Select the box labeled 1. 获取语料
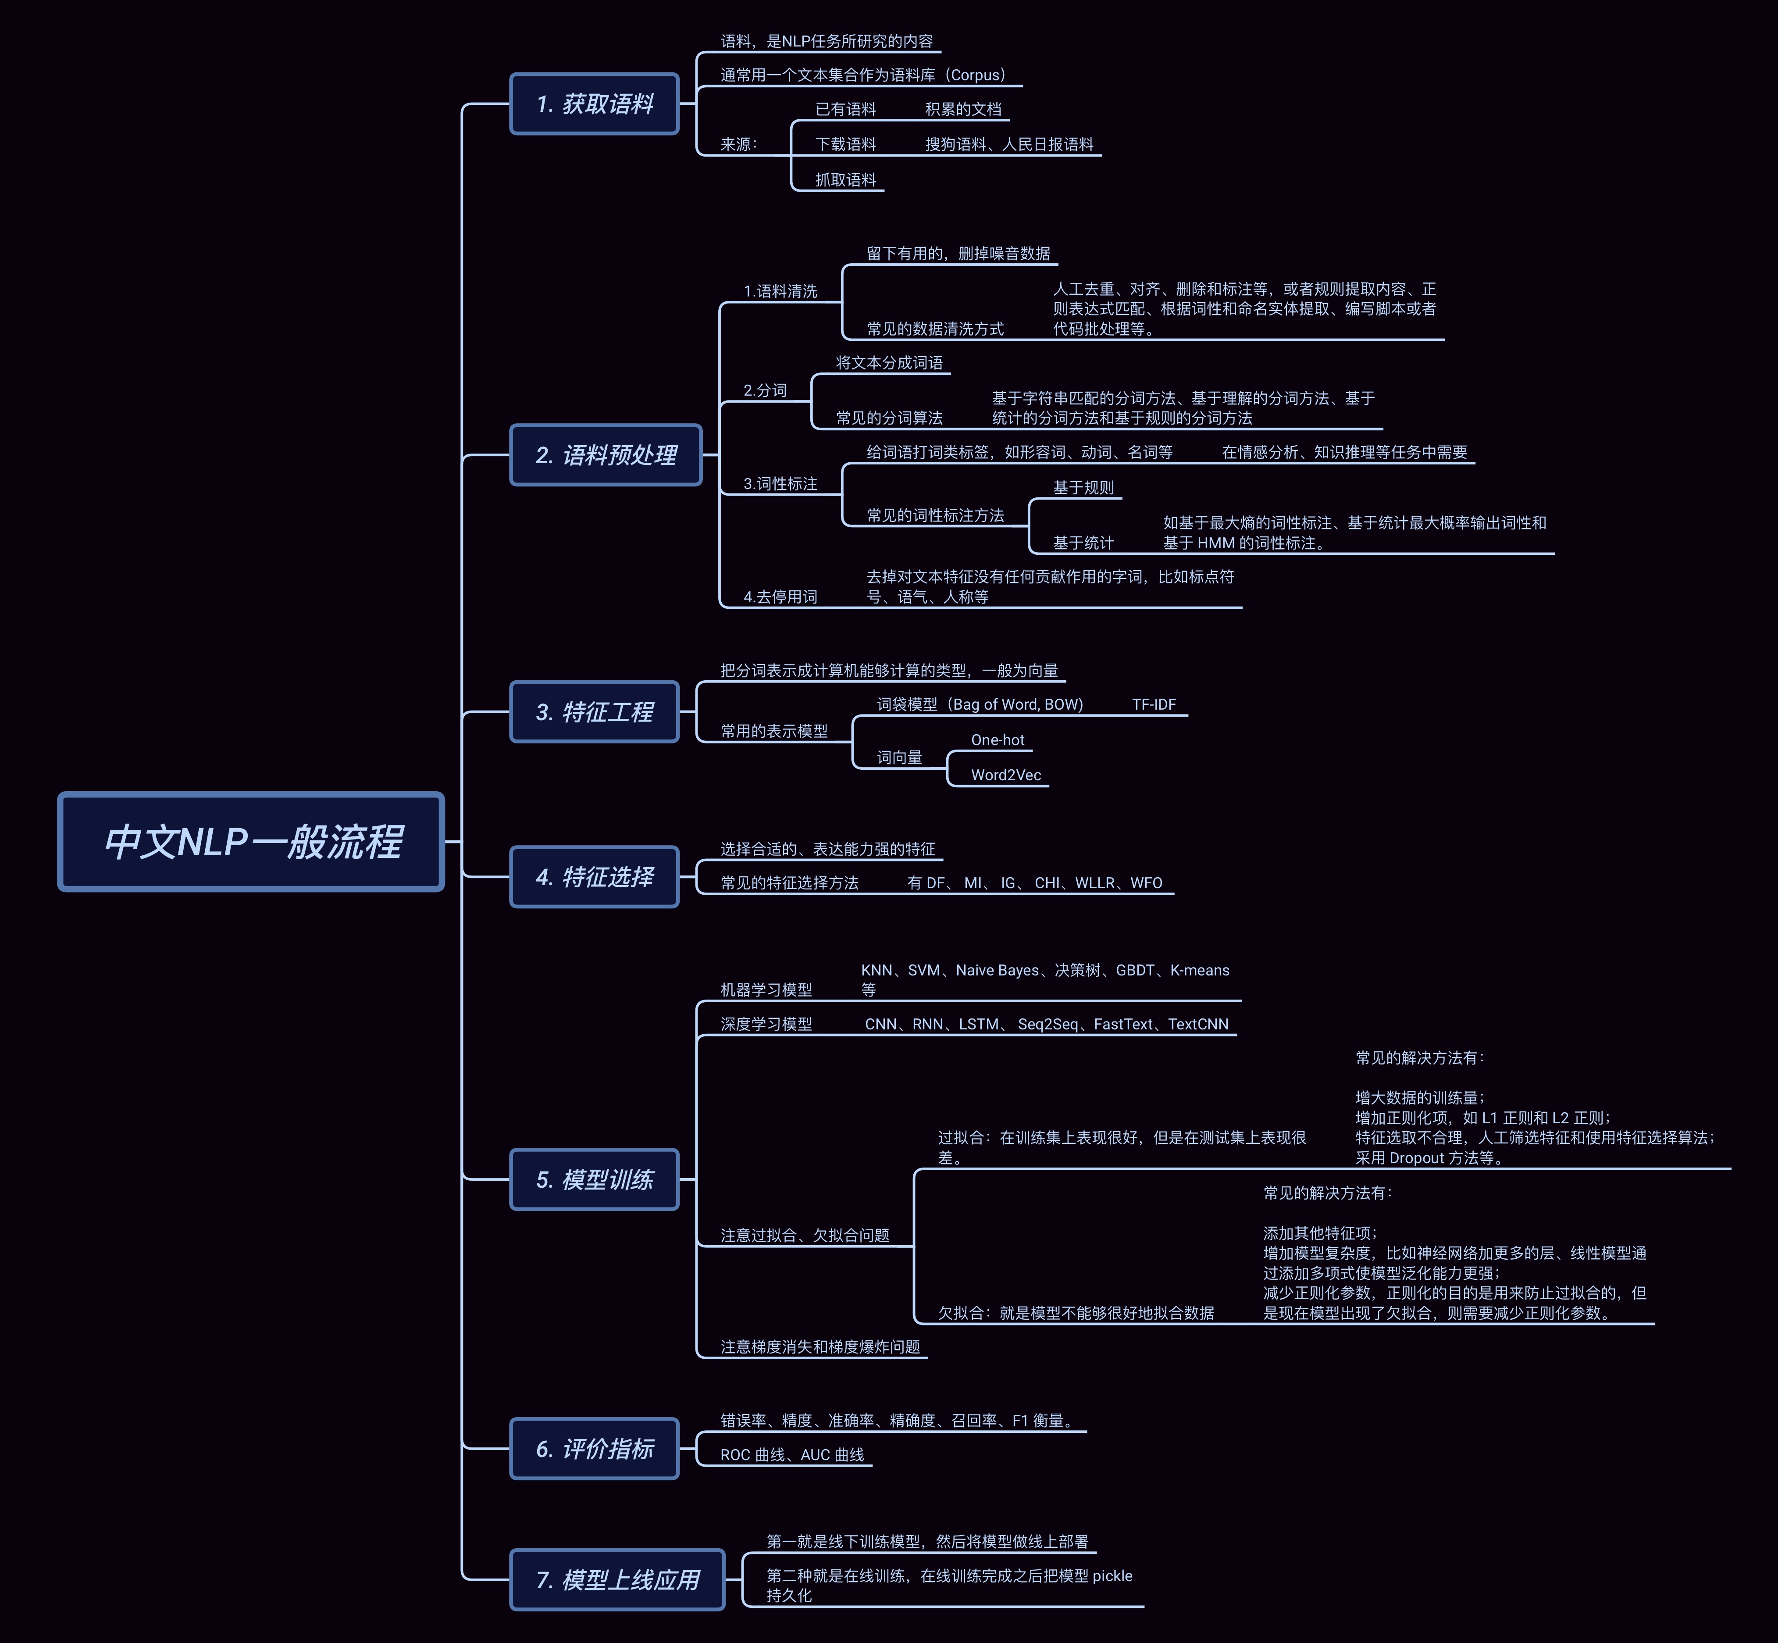[x=594, y=104]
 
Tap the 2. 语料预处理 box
[x=606, y=455]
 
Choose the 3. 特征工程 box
[x=594, y=711]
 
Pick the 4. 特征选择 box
[x=594, y=877]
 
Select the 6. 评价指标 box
[x=594, y=1448]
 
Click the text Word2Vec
[x=1005, y=775]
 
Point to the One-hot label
[x=998, y=740]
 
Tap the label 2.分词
[x=765, y=390]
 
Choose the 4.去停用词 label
[x=780, y=596]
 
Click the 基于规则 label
[x=1083, y=487]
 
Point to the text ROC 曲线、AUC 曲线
[x=791, y=1454]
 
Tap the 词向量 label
[x=899, y=757]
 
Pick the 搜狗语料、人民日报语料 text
[x=1009, y=144]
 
